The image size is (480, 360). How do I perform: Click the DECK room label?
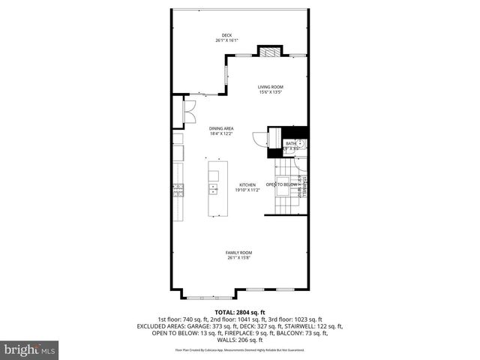coord(226,35)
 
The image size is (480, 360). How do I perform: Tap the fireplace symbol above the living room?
coord(268,52)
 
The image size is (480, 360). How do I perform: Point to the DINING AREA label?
coord(221,128)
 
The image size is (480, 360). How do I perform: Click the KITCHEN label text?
coord(247,184)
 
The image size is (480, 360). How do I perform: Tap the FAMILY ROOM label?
coord(238,253)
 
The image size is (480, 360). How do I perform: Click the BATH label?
coord(290,143)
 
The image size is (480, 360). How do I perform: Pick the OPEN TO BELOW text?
coord(282,184)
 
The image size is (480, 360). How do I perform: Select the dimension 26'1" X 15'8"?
coord(238,258)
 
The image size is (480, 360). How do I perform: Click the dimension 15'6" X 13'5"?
coord(271,93)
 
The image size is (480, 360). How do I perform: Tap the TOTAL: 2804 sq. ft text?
coord(240,312)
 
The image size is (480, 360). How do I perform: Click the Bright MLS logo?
coord(30,349)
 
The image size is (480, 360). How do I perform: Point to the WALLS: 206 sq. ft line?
coord(240,340)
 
